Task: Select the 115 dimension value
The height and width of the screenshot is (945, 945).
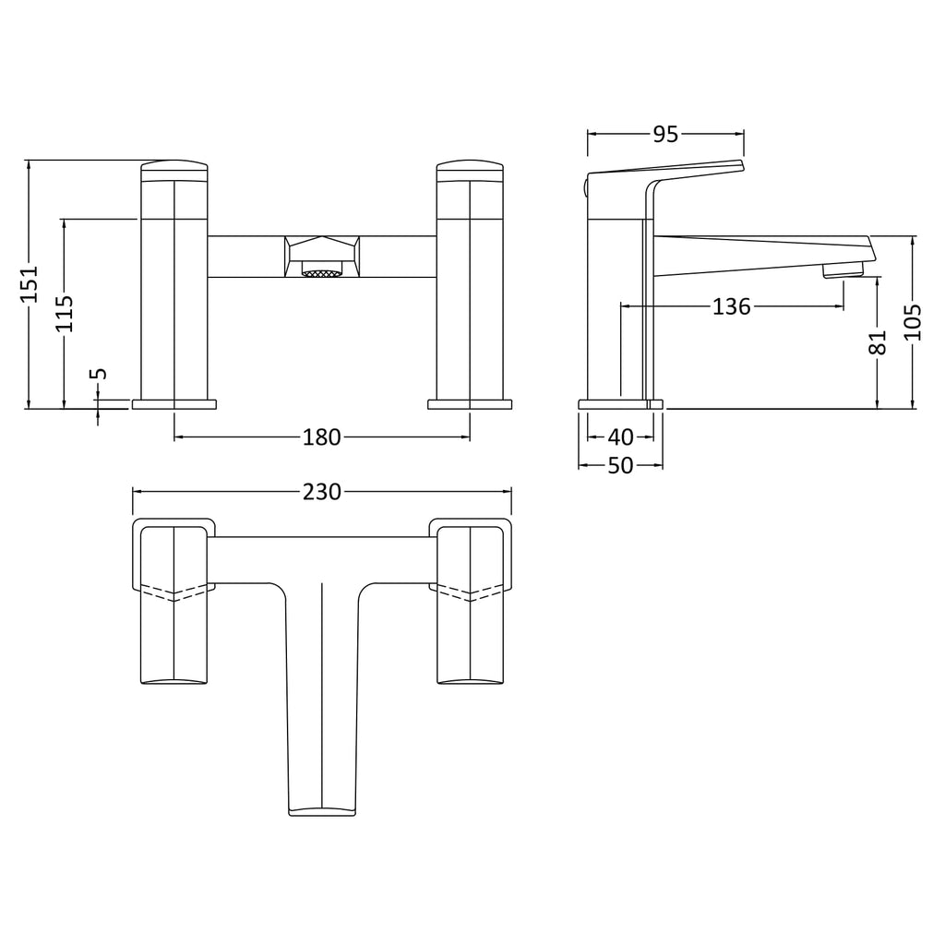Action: [x=65, y=314]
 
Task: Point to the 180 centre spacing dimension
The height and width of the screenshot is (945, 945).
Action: [x=322, y=437]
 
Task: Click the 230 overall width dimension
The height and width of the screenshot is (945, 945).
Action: [x=322, y=493]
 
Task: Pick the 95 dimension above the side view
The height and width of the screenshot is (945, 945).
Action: [x=666, y=135]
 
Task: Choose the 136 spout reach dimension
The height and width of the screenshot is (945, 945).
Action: [x=732, y=306]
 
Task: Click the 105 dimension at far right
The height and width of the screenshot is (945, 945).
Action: [x=914, y=322]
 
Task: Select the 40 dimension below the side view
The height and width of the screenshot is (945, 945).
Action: [x=621, y=437]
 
